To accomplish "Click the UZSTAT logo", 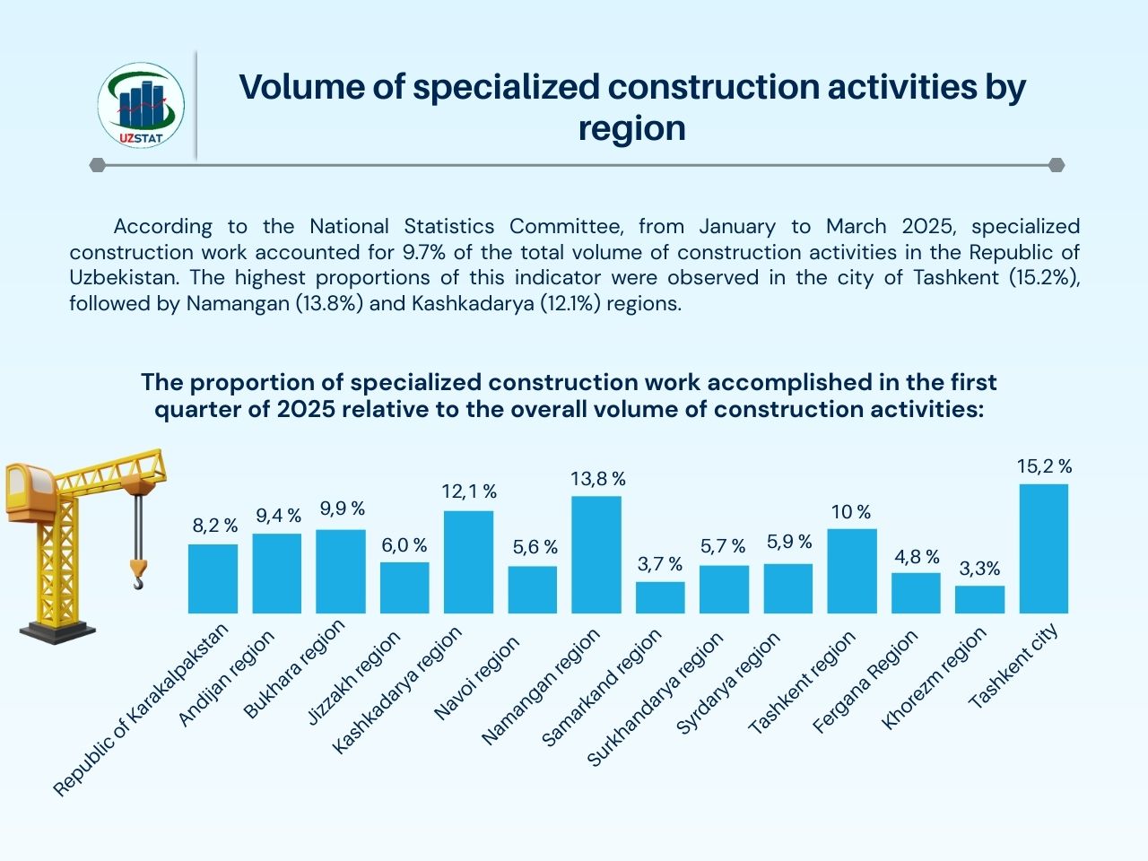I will point(141,106).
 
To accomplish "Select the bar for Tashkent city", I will point(1044,549).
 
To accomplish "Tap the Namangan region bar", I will point(596,554).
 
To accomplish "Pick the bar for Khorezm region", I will point(979,599).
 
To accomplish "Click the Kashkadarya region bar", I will point(469,562).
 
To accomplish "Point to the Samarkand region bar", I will point(660,597).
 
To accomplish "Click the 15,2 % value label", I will point(1045,466).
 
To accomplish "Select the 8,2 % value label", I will point(215,526).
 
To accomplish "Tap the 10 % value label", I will point(851,512).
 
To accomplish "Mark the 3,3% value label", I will point(979,569).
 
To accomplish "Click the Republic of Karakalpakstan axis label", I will point(142,709).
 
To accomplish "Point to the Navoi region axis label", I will point(476,678).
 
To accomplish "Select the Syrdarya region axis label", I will point(727,683).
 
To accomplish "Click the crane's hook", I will point(137,574).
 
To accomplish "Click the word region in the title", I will point(631,128).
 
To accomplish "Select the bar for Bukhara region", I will point(341,571).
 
